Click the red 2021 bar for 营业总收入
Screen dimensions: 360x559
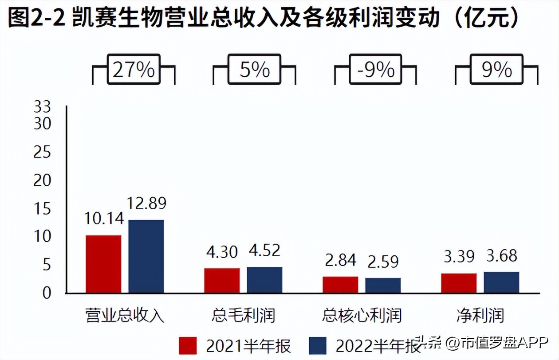pyautogui.click(x=103, y=264)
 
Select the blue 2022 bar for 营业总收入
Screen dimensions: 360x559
pyautogui.click(x=146, y=256)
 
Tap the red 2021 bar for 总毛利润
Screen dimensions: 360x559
pyautogui.click(x=222, y=280)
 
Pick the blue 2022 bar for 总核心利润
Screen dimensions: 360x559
pyautogui.click(x=383, y=285)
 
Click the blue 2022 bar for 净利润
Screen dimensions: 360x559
pyautogui.click(x=501, y=282)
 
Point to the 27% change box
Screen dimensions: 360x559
pyautogui.click(x=134, y=70)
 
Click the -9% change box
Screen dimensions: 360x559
pyautogui.click(x=375, y=70)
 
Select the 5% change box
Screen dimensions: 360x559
pyautogui.click(x=255, y=70)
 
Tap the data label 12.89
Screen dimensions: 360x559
pyautogui.click(x=146, y=203)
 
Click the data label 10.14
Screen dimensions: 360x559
pyautogui.click(x=103, y=219)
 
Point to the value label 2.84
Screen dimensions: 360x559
pyautogui.click(x=340, y=261)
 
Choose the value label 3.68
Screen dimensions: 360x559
pyautogui.click(x=501, y=256)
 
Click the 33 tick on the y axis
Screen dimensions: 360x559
pyautogui.click(x=42, y=107)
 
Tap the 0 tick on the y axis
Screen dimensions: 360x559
pyautogui.click(x=47, y=293)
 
